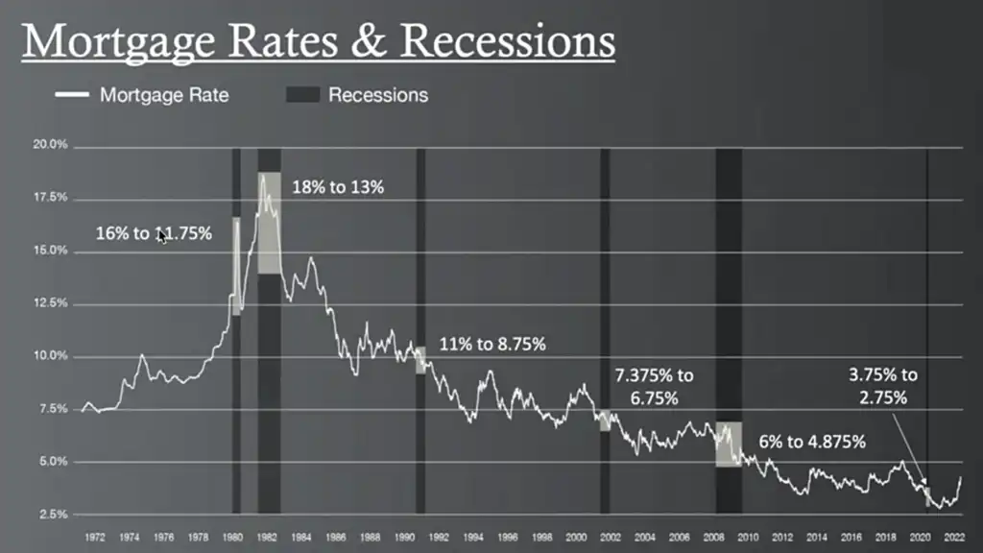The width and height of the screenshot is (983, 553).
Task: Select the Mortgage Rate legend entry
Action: (164, 95)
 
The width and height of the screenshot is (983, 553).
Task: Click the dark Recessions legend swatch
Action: (302, 95)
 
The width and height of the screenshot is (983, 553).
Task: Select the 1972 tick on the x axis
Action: (94, 537)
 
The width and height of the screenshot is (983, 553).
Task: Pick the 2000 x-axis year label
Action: (576, 537)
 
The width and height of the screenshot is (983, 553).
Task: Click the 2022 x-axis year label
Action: (954, 537)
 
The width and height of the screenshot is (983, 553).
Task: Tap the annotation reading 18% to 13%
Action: (338, 187)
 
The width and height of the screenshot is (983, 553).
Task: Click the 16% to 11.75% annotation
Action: (154, 232)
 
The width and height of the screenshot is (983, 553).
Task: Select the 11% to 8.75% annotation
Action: (492, 344)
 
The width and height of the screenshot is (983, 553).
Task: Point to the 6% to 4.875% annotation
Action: (812, 442)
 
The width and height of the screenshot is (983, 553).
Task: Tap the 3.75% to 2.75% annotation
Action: (882, 385)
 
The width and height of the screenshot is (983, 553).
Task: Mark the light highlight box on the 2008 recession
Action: (729, 444)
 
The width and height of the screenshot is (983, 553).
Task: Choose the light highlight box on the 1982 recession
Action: (269, 223)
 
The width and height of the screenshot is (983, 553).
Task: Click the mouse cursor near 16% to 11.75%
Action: (161, 235)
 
